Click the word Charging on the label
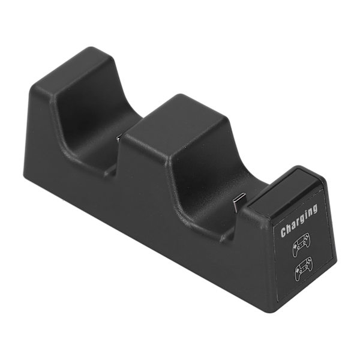(x=299, y=221)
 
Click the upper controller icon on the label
(x=301, y=245)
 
